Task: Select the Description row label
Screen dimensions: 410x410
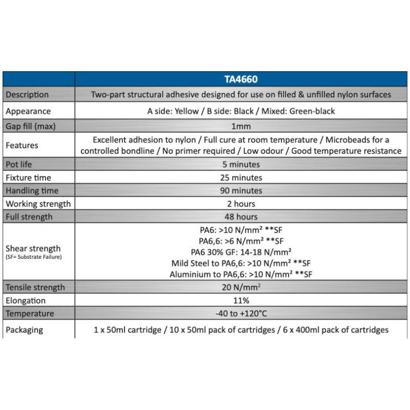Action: [x=27, y=94]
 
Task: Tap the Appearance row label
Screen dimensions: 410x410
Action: [x=28, y=111]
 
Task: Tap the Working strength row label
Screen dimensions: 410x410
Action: [x=38, y=204]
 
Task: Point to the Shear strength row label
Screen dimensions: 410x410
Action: [x=33, y=249]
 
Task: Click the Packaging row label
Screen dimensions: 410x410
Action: [x=25, y=330]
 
